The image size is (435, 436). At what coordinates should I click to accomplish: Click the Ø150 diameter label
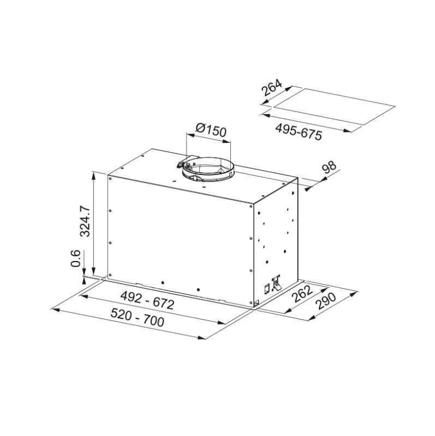[210, 131]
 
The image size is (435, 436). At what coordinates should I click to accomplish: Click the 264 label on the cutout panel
[271, 89]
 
